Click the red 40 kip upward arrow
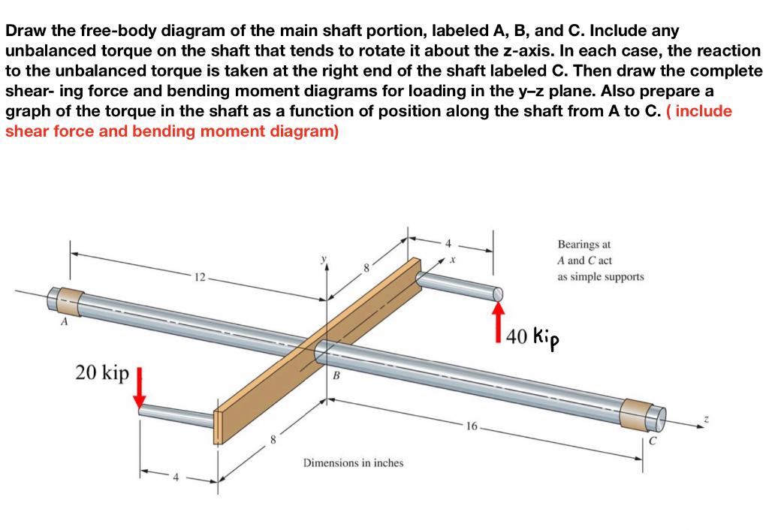pyautogui.click(x=497, y=321)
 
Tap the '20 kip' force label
pyautogui.click(x=102, y=372)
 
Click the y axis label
pyautogui.click(x=324, y=260)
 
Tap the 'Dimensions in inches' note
pyautogui.click(x=353, y=462)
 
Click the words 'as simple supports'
pyautogui.click(x=600, y=276)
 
